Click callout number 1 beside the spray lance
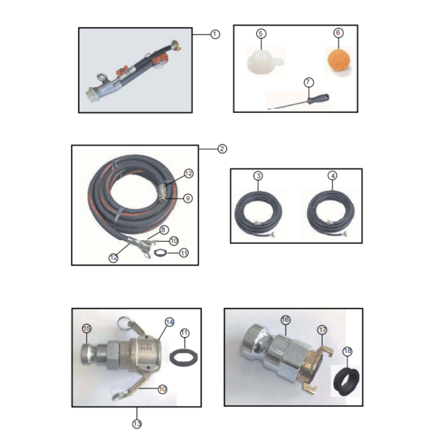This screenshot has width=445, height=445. click(x=215, y=34)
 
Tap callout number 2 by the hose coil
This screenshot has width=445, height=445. click(x=222, y=149)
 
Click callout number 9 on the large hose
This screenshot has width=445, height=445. click(x=188, y=198)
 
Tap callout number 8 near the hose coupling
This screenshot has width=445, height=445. click(x=163, y=229)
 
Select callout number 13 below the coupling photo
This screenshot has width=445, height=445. click(x=137, y=424)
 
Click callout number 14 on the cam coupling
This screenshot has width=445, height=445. click(x=170, y=322)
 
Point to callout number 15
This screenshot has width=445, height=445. click(x=87, y=328)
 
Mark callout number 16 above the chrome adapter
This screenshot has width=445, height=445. click(x=286, y=320)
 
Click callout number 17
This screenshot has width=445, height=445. click(x=322, y=330)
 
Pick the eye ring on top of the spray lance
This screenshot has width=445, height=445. click(x=100, y=77)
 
